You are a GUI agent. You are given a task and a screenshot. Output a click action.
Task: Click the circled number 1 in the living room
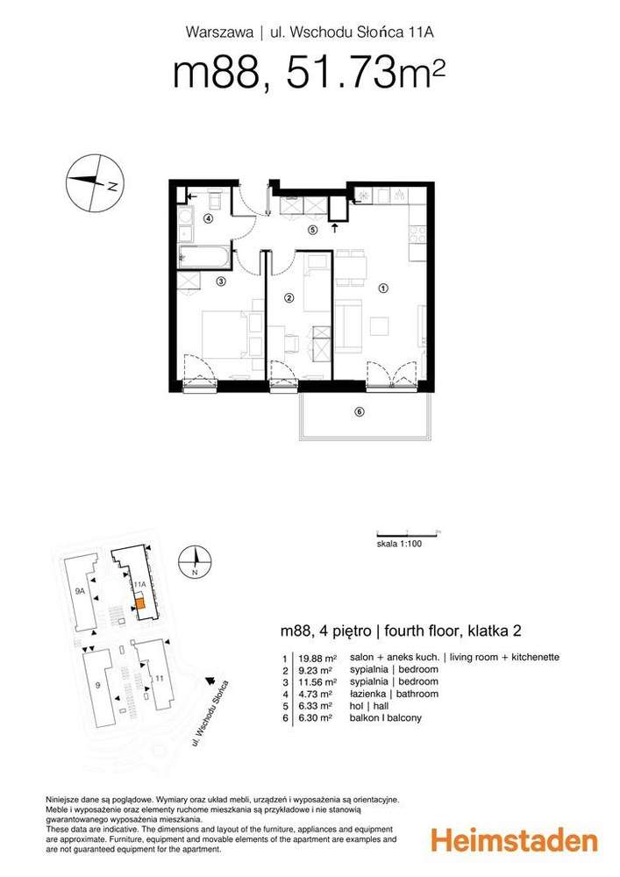pyautogui.click(x=382, y=288)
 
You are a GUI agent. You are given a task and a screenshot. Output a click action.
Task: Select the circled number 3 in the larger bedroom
pyautogui.click(x=221, y=282)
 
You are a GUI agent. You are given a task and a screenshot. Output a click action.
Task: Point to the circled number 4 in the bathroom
pyautogui.click(x=209, y=219)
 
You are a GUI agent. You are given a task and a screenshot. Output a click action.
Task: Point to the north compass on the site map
pyautogui.click(x=198, y=560)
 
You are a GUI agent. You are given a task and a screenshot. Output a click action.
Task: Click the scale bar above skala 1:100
pyautogui.click(x=406, y=532)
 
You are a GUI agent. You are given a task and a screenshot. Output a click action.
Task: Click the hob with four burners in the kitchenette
pyautogui.click(x=418, y=235)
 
